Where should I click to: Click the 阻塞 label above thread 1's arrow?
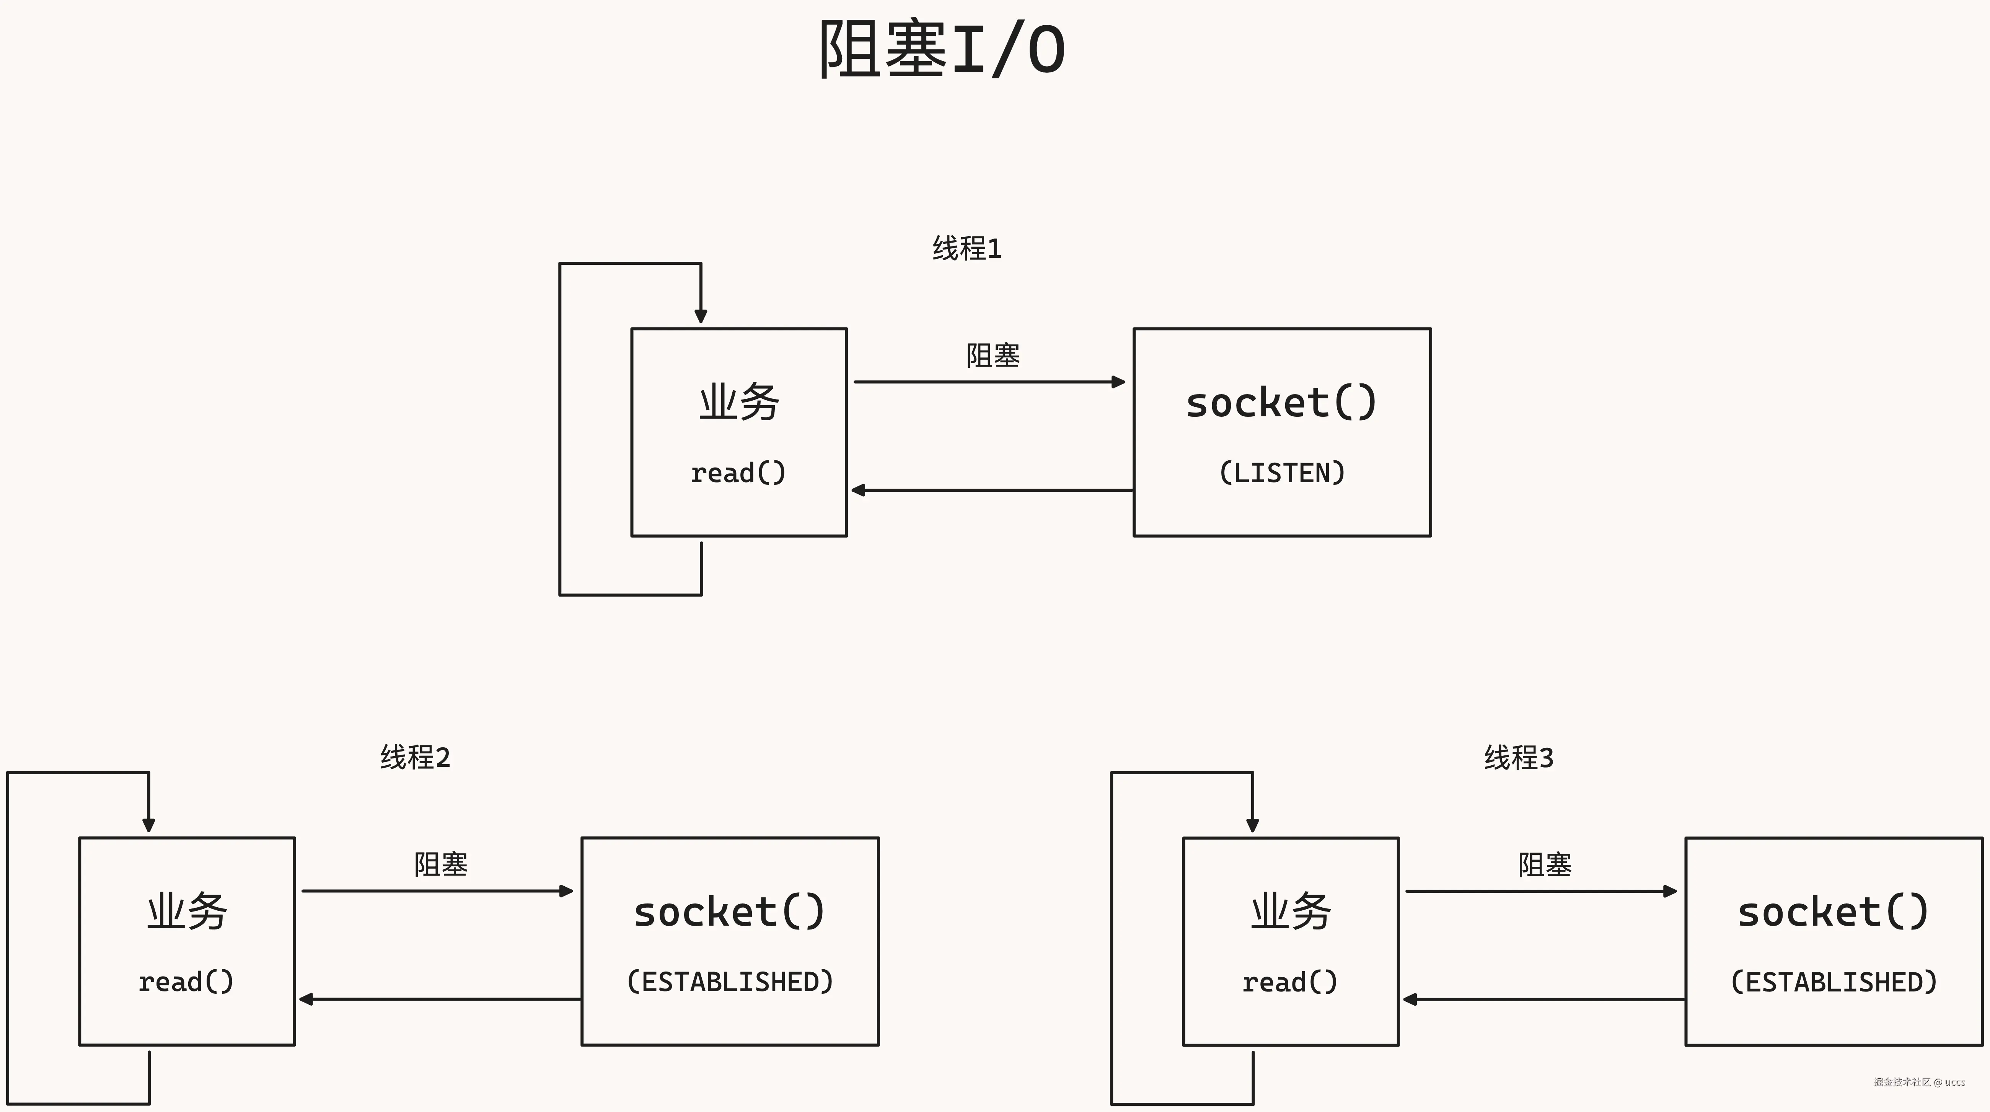[x=993, y=355]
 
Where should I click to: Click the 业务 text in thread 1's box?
[x=738, y=403]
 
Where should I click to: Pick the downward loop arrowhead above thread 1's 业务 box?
[x=701, y=316]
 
